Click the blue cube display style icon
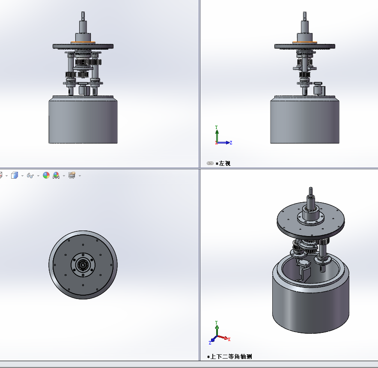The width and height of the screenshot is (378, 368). pos(15,176)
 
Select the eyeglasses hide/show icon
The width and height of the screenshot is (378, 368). pos(30,176)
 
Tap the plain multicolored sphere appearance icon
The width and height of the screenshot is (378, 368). pos(46,176)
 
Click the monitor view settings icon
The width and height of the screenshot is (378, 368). pos(72,176)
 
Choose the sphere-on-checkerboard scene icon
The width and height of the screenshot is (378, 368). pos(56,176)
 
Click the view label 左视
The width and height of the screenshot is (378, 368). pos(225,164)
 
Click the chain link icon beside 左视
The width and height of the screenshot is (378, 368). pos(210,163)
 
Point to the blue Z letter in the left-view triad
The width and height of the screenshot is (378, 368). pos(231,143)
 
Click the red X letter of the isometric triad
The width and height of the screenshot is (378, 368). pos(229,339)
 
